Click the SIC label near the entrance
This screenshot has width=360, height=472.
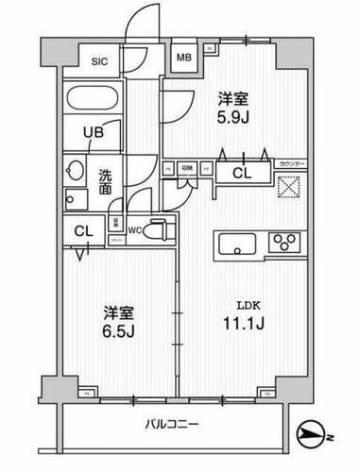coord(98,62)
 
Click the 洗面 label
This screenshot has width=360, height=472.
coord(106,179)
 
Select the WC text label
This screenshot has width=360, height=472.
coord(134,228)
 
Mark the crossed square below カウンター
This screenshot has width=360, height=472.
coord(288,184)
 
